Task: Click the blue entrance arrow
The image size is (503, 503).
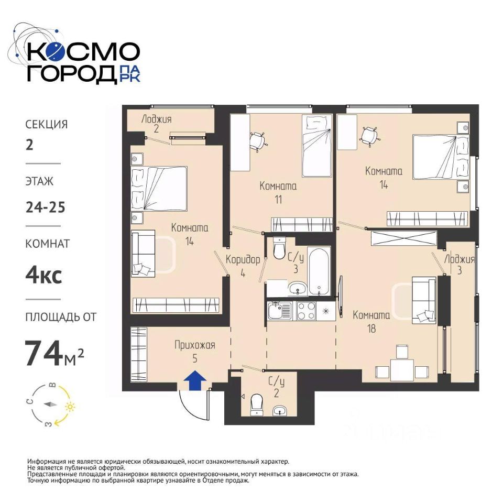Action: [195, 380]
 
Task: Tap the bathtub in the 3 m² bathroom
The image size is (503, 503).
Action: [319, 271]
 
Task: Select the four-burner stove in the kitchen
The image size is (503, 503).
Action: [307, 311]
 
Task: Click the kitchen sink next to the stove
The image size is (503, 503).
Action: [280, 311]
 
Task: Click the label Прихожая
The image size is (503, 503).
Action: [195, 345]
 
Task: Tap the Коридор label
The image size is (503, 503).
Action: [243, 259]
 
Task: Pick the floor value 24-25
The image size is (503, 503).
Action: [46, 207]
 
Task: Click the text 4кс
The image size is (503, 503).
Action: [43, 275]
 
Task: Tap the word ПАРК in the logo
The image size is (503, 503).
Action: [129, 74]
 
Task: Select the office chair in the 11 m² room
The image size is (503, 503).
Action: [258, 141]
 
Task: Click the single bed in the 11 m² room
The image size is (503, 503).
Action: [317, 146]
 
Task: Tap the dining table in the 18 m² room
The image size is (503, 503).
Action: [402, 370]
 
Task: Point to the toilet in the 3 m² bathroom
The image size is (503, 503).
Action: [279, 248]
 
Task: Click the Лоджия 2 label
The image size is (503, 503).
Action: [156, 124]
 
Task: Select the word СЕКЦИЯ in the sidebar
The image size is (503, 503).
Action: [47, 125]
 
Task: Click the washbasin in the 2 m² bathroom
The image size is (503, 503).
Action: [280, 410]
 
